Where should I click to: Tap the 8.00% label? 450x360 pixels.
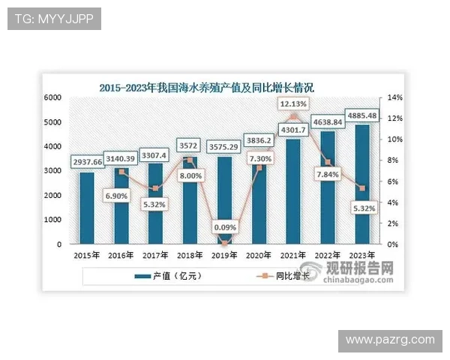190,176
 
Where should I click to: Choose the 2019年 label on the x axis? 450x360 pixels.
223,255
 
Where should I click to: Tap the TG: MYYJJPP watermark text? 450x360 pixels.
54,19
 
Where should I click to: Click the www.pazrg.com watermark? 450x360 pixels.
390,340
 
